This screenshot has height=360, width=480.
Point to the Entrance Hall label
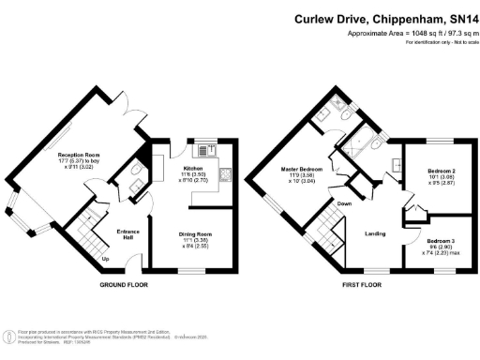[128, 232]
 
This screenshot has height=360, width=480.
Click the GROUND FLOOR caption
[126, 284]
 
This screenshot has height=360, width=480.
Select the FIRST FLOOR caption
[362, 284]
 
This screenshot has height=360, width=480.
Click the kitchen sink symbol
[205, 148]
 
